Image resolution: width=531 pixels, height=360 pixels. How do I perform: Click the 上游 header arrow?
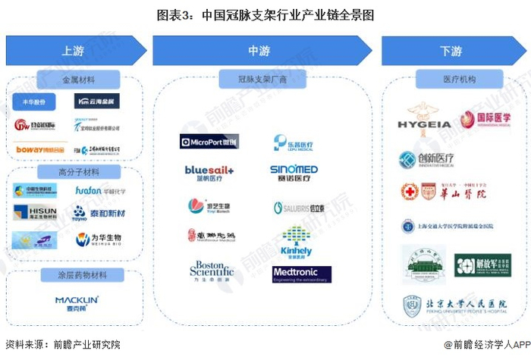tap(74, 51)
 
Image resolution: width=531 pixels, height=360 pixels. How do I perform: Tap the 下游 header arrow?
tap(451, 51)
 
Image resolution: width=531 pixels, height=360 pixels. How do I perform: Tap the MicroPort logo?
tap(209, 142)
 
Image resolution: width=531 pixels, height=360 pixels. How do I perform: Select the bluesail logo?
tap(209, 173)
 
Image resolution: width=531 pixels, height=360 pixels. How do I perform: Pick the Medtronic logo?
tap(301, 274)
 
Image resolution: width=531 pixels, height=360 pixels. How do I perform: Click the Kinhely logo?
tap(296, 243)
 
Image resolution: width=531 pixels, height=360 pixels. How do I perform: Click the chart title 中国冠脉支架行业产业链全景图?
tap(265, 14)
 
